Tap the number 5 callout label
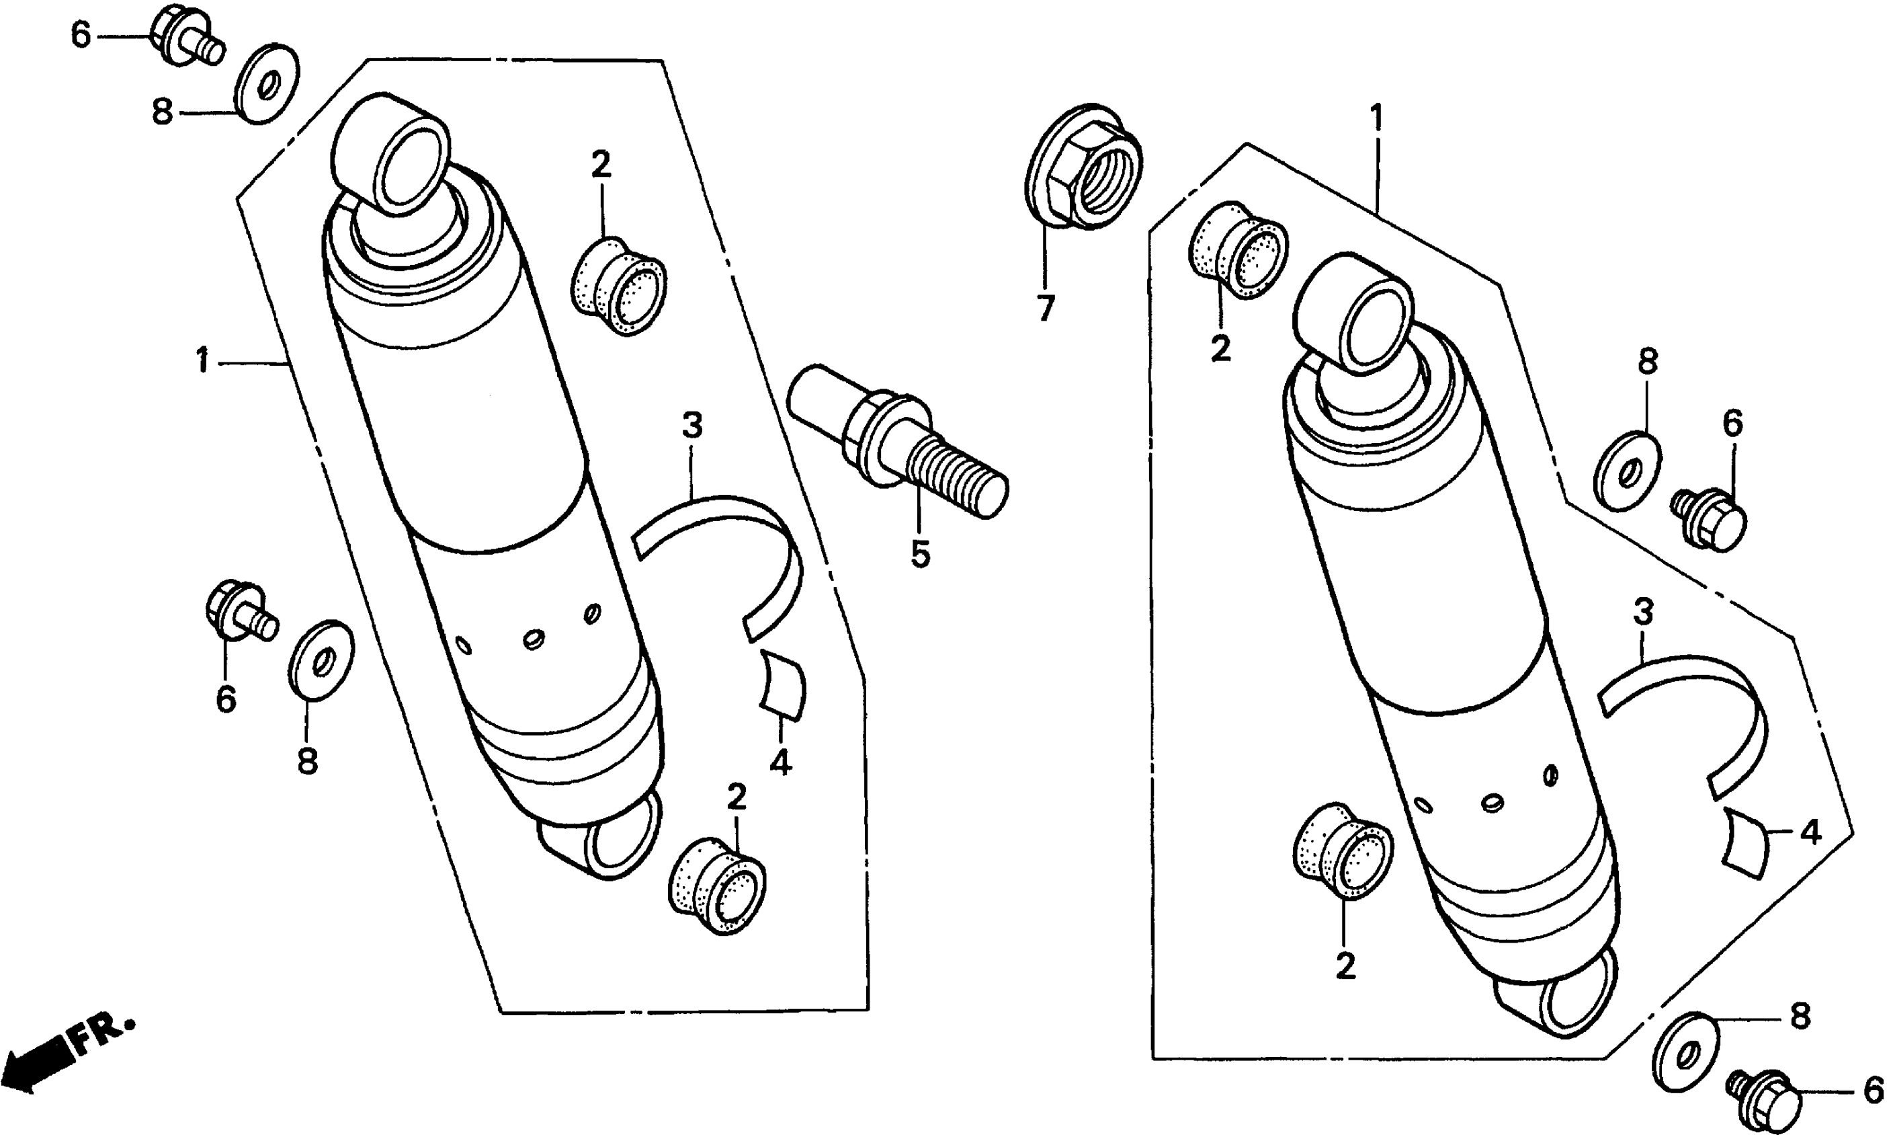click(x=921, y=554)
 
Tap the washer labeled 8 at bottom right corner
click(x=1685, y=1052)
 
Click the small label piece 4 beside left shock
click(x=782, y=684)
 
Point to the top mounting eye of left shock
click(x=392, y=152)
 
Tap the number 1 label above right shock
click(x=1376, y=118)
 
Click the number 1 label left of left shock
click(x=203, y=360)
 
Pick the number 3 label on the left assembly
click(x=691, y=425)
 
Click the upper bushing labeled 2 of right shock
click(x=1238, y=250)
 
